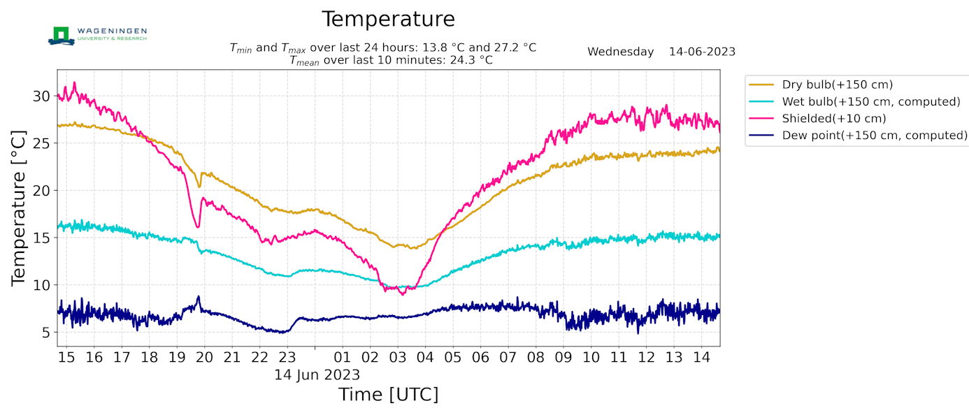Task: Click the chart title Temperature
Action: [x=388, y=20]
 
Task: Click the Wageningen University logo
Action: [x=97, y=36]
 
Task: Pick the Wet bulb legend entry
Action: [x=856, y=101]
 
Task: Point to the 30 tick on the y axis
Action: [x=42, y=96]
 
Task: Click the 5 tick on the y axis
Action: [x=46, y=332]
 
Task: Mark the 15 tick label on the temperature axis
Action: [x=42, y=238]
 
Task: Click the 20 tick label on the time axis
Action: [x=204, y=358]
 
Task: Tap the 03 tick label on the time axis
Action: [x=398, y=358]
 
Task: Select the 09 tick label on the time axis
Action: [x=564, y=358]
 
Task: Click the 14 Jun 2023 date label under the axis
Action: [x=317, y=374]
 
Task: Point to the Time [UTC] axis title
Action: [x=389, y=395]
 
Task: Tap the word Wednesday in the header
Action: [x=620, y=52]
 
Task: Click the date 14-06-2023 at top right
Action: [x=702, y=52]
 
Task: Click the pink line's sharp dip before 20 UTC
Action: [x=199, y=226]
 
